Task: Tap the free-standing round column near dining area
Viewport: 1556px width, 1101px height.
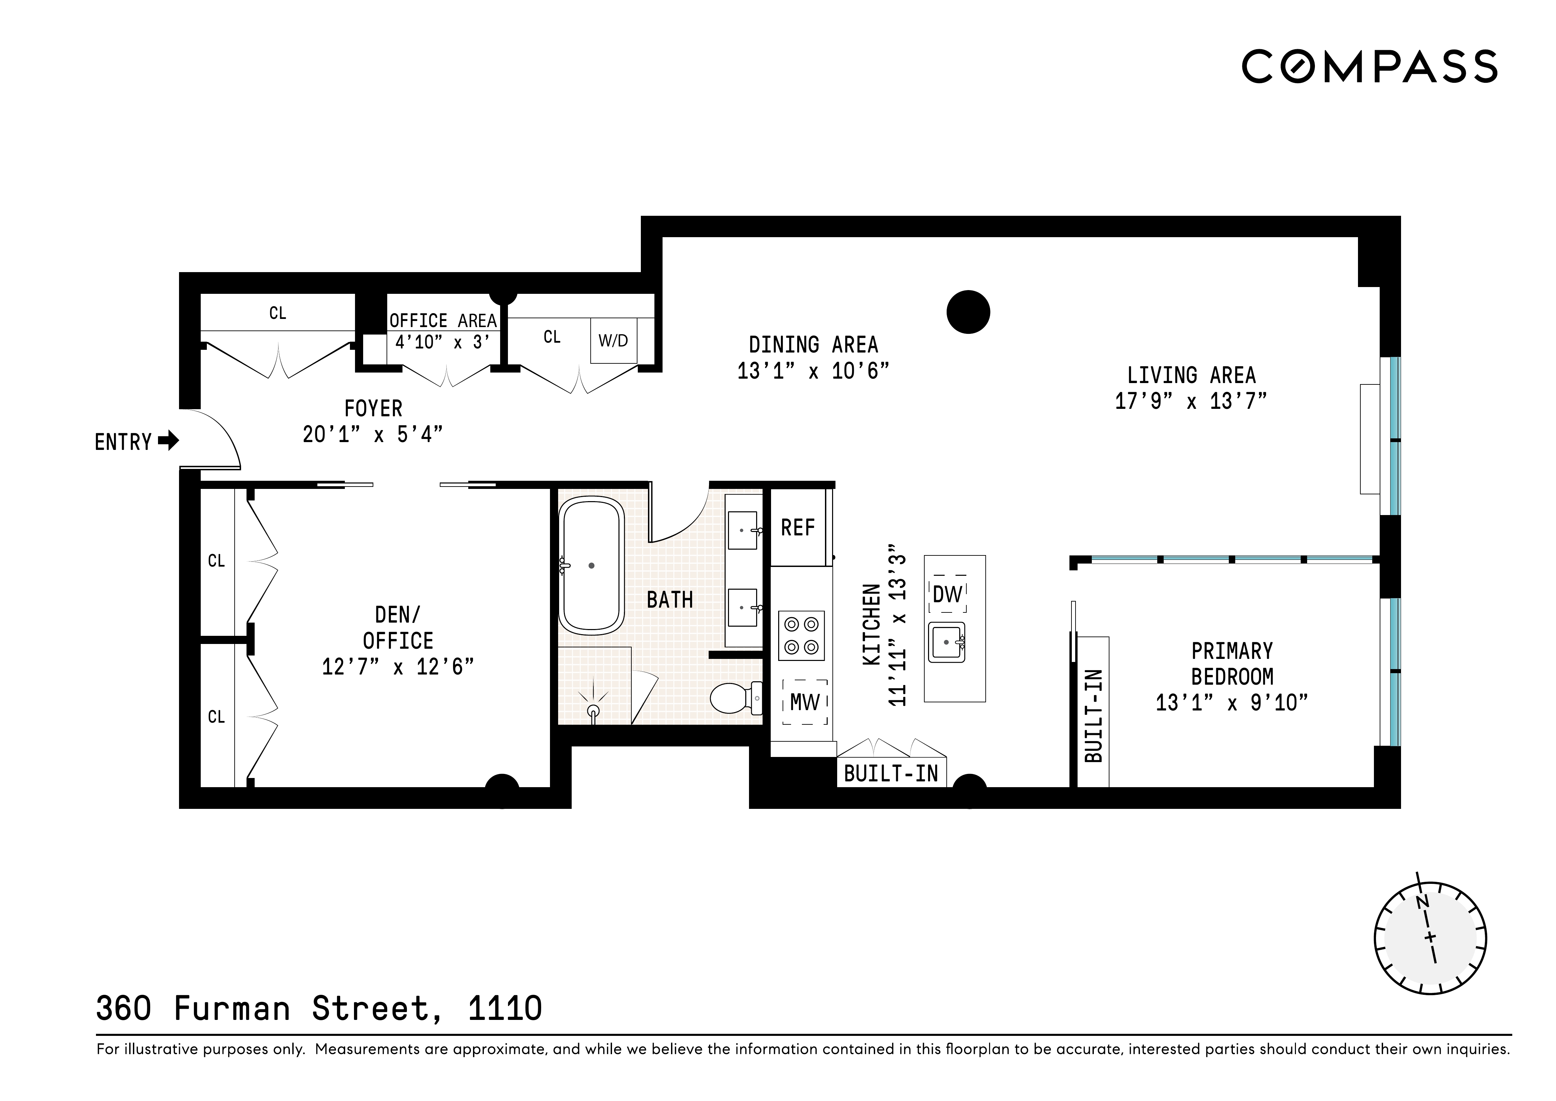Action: pos(968,312)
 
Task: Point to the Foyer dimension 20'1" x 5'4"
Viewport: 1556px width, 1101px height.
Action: pos(373,434)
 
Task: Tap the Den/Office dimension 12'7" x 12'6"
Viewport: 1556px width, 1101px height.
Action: pos(398,667)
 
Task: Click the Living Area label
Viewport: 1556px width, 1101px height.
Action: pos(1191,375)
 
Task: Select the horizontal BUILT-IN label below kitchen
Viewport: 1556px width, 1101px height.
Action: pos(890,774)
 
